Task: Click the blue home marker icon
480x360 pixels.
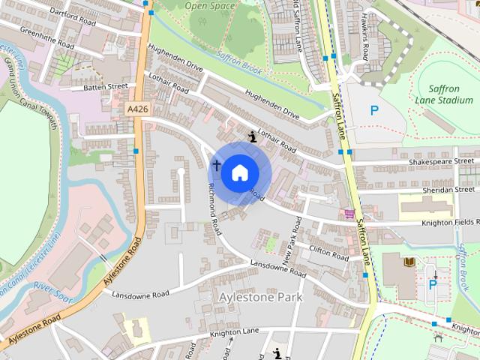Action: point(238,172)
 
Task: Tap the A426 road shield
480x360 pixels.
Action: point(136,109)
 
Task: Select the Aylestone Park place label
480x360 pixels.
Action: point(259,298)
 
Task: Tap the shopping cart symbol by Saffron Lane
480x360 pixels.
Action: point(349,214)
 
